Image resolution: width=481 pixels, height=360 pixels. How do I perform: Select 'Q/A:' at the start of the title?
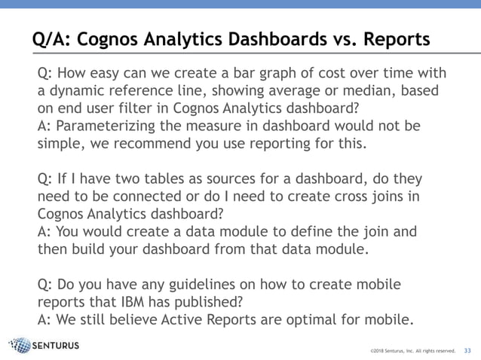click(x=49, y=38)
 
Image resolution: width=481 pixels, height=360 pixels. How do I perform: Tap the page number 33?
click(x=467, y=350)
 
